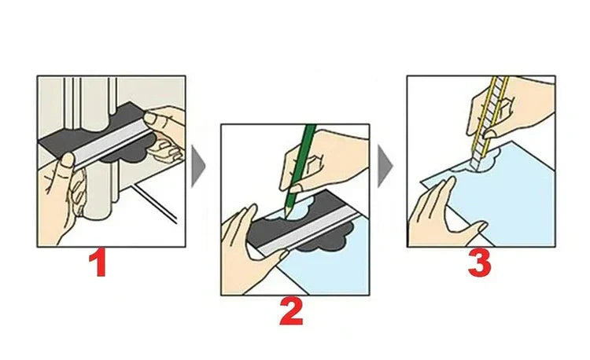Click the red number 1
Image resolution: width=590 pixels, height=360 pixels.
(x=98, y=264)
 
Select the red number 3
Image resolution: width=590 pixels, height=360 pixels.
(x=480, y=264)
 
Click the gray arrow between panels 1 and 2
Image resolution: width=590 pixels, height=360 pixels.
(x=198, y=167)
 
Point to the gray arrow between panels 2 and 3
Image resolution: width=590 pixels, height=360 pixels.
(x=385, y=166)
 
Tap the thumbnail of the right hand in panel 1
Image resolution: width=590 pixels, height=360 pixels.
(x=149, y=118)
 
